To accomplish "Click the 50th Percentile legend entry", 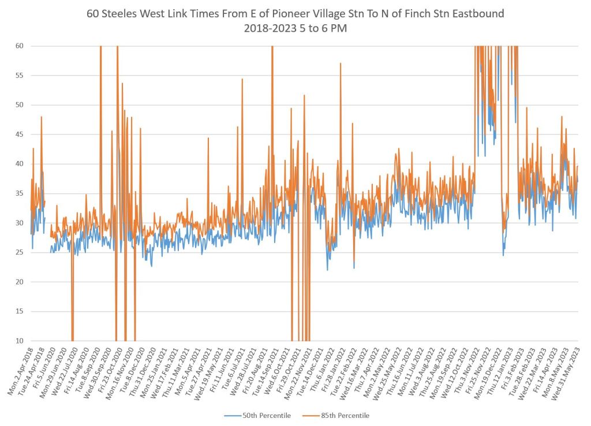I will [267, 416].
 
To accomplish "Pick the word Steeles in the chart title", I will [122, 13].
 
